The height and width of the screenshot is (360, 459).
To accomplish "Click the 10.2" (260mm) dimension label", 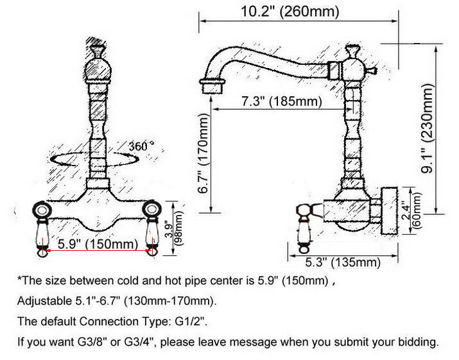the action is (x=290, y=12).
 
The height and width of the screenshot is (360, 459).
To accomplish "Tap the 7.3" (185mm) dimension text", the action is (x=282, y=101).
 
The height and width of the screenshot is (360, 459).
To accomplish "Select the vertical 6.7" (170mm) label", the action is (x=203, y=153).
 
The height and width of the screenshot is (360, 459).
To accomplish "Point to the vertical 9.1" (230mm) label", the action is (x=427, y=128).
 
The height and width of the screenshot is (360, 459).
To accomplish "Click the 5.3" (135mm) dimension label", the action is (x=343, y=262).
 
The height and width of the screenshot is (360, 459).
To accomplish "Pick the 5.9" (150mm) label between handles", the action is (x=98, y=244).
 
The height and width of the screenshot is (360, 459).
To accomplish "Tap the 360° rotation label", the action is (x=142, y=146).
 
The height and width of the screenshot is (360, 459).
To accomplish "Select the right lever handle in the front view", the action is (x=152, y=229).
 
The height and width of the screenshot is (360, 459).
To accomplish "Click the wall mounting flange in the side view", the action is (x=389, y=210).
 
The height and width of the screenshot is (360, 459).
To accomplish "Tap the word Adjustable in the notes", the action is (x=43, y=301).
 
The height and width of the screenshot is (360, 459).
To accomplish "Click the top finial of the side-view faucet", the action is (x=352, y=51).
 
